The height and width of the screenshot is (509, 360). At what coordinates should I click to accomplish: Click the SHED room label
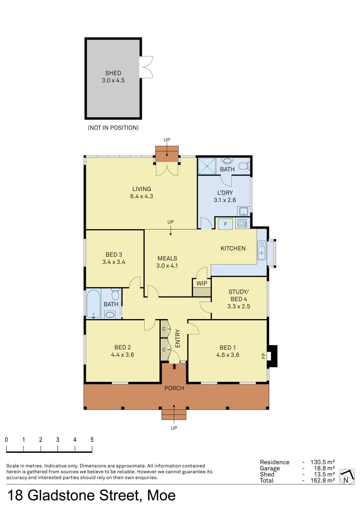[x=113, y=73]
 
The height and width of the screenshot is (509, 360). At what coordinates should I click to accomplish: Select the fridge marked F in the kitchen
[x=225, y=224]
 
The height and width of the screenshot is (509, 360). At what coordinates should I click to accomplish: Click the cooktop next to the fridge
[x=242, y=223]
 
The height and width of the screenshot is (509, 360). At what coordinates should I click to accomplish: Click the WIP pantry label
[x=202, y=283]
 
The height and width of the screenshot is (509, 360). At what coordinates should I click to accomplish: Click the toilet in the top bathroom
[x=243, y=165]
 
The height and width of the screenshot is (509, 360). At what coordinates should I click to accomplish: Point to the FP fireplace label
[x=263, y=356]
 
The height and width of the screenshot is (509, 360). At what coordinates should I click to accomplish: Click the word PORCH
[x=174, y=388]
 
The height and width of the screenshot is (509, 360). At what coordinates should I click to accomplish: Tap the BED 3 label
[x=114, y=255]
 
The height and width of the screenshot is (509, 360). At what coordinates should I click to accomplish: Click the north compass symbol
[x=347, y=476]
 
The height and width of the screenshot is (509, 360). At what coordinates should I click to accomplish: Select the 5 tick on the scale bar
[x=92, y=439]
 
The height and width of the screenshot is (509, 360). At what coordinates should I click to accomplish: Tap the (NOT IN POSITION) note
[x=113, y=128]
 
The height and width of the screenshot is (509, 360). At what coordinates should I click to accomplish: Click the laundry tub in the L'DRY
[x=244, y=211]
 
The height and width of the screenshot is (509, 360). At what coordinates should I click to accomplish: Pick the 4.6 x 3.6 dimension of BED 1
[x=228, y=355]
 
